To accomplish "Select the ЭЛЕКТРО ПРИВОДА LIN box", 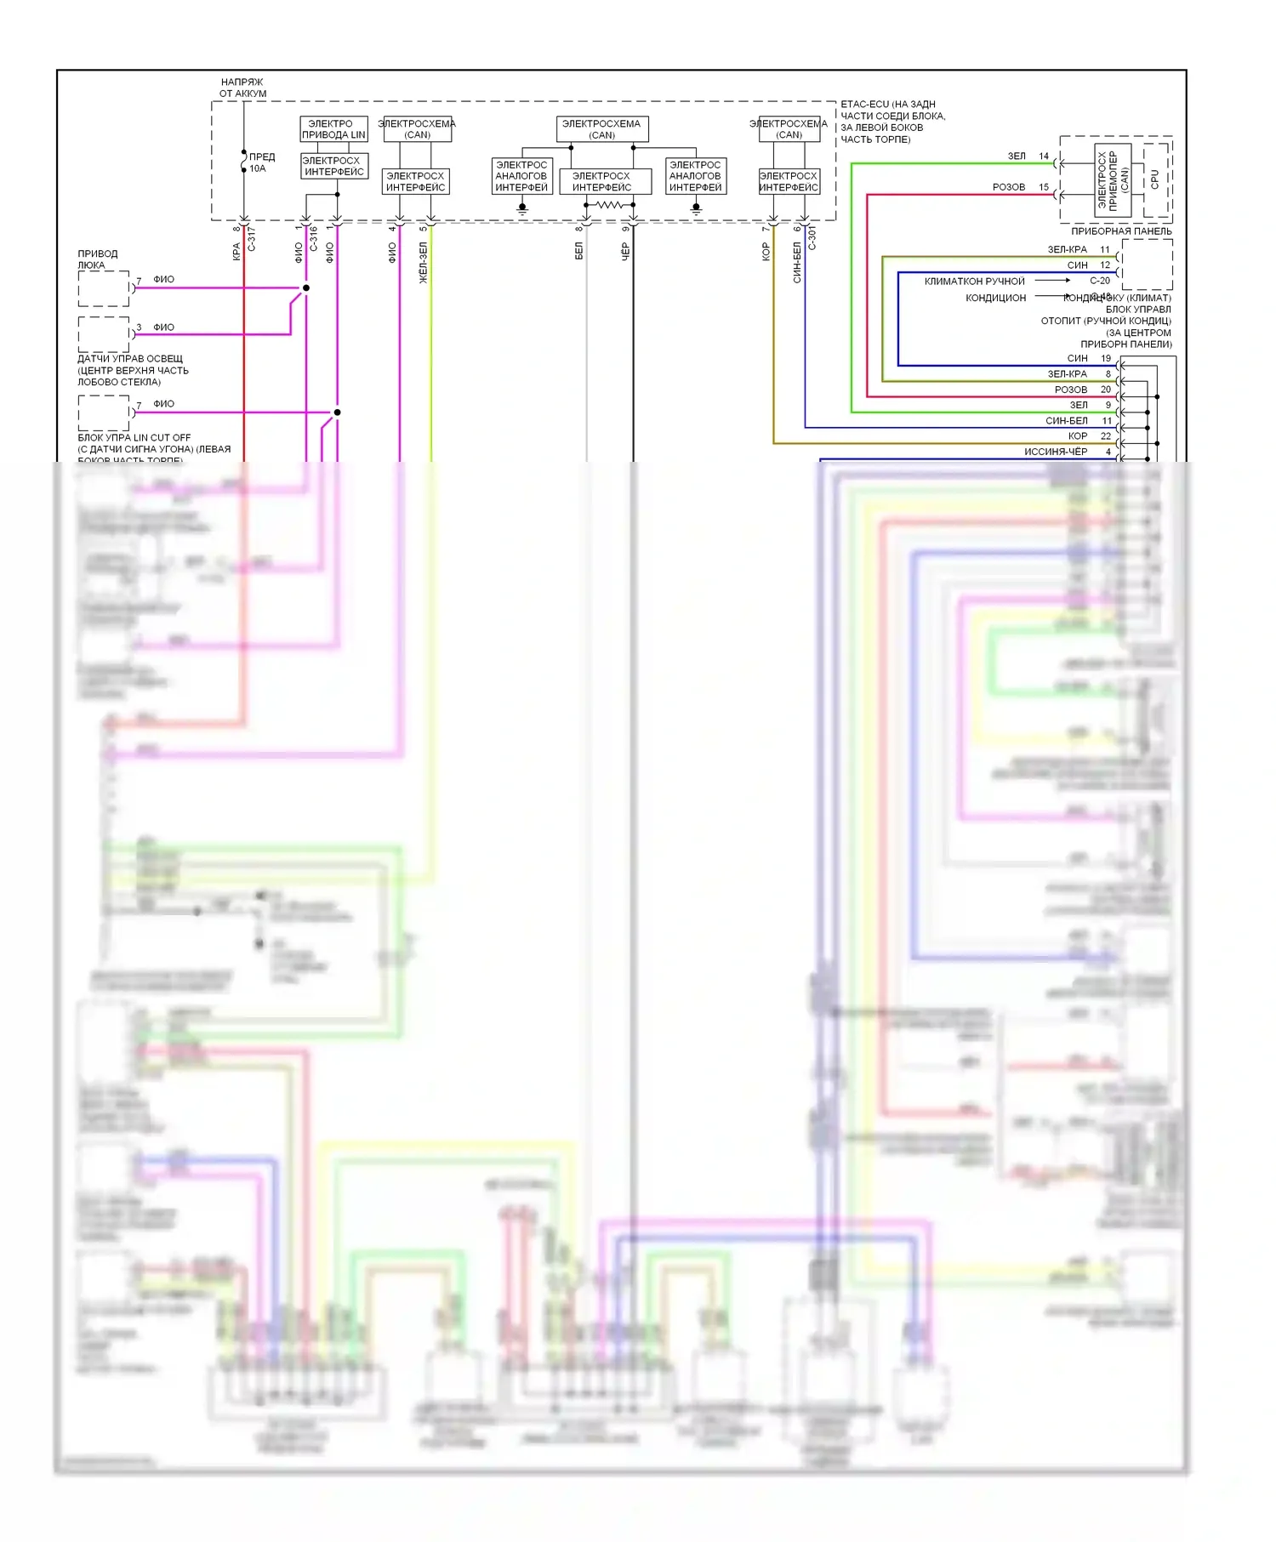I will tap(333, 129).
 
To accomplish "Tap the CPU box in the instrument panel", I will tap(1154, 179).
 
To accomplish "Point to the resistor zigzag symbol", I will tap(609, 205).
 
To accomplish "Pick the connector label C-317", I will tap(252, 239).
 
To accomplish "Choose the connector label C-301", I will tap(812, 237).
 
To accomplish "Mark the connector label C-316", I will tap(314, 239).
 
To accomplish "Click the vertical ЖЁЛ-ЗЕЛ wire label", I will tap(423, 262).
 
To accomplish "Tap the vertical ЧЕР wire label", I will tap(625, 251).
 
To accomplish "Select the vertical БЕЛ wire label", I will tap(578, 251).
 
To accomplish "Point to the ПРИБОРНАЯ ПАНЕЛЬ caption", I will tap(1120, 231).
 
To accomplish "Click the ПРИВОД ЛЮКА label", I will tap(98, 259).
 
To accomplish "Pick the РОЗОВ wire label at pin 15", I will tap(1009, 187).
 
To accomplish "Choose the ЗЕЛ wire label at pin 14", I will tap(1017, 156).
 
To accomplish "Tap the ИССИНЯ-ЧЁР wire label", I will tap(1055, 452).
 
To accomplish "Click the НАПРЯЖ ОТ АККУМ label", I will tap(242, 88).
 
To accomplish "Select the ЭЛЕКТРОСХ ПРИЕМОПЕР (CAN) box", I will tap(1112, 179).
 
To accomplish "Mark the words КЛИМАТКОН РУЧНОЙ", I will tap(974, 282).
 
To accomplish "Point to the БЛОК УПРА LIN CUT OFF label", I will tap(134, 438).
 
